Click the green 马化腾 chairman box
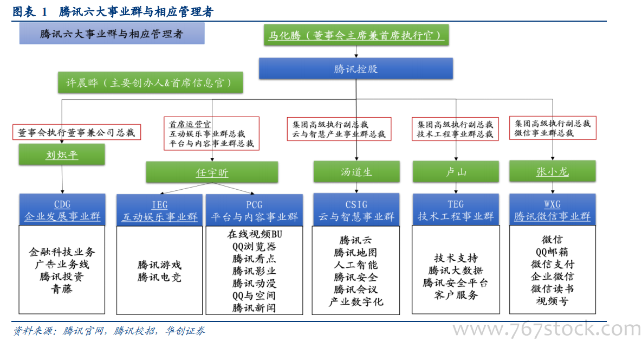356,35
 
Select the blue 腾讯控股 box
356,68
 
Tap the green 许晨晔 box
150,83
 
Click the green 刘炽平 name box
62,155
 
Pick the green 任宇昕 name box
212,172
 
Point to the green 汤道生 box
356,171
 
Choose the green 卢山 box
456,171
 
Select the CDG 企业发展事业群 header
62,210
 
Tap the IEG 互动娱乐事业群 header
160,210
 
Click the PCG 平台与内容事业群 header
254,210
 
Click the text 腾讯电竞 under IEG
159,277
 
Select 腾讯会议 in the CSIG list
355,290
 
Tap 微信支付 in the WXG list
552,264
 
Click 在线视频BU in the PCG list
254,234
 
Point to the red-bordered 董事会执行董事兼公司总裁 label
76,132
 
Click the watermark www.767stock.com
547,329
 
